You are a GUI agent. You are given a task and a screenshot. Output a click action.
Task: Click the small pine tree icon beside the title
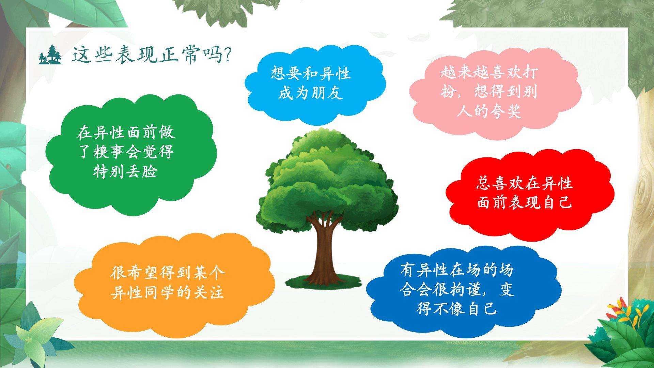click(x=50, y=55)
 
